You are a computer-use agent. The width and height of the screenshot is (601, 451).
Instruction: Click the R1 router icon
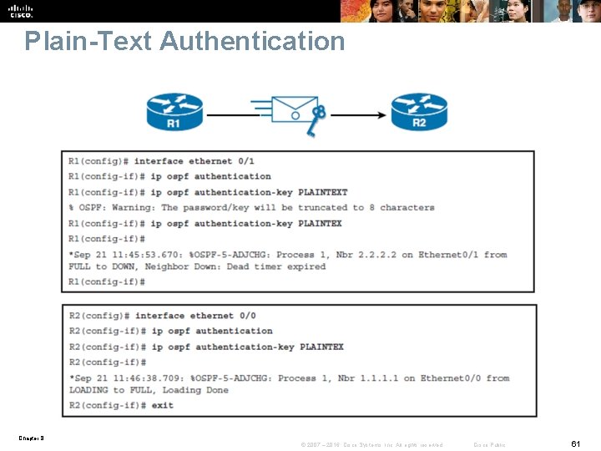tap(174, 111)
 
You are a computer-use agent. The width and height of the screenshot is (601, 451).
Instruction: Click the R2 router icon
tap(419, 111)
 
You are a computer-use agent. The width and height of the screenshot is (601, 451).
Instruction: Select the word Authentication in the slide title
tap(252, 41)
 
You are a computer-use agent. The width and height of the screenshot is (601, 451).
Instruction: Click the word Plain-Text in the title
tap(88, 41)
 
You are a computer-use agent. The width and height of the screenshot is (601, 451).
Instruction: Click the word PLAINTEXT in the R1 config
tap(322, 192)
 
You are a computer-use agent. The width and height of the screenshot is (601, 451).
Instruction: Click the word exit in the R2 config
tap(163, 405)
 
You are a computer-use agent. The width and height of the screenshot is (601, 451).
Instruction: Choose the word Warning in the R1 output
tap(134, 207)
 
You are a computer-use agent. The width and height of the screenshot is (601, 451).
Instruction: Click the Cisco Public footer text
tap(489, 444)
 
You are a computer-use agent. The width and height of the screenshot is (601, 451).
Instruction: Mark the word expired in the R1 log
tap(306, 266)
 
